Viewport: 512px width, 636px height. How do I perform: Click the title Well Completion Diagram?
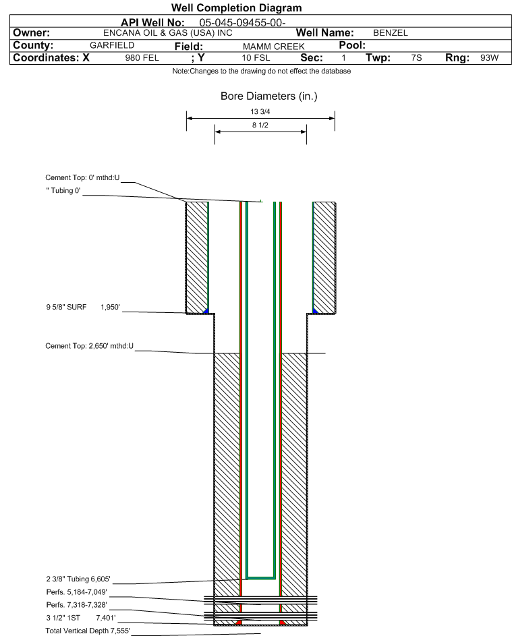point(237,8)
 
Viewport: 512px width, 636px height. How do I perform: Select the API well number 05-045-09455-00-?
point(244,22)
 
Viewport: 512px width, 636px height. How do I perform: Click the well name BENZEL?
point(391,33)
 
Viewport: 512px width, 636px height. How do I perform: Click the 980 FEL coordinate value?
point(142,58)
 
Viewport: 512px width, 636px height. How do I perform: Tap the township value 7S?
point(416,58)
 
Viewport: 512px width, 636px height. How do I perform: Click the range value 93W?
point(489,58)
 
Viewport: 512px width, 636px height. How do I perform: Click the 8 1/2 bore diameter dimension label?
point(260,125)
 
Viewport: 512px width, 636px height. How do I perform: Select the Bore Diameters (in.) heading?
point(268,96)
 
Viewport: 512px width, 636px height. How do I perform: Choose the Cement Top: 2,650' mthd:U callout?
point(90,346)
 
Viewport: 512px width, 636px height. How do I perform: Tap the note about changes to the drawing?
point(261,71)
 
